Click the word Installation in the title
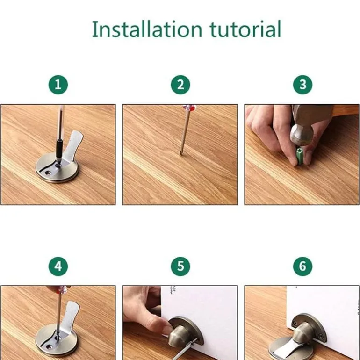(x=147, y=29)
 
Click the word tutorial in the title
(x=245, y=29)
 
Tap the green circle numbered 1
(x=58, y=85)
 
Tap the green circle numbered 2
(x=180, y=85)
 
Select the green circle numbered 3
(x=303, y=85)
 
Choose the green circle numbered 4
(x=58, y=266)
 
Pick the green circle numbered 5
(x=180, y=266)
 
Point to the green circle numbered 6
(x=303, y=266)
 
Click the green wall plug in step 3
(x=300, y=156)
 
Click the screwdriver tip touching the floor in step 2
(x=180, y=153)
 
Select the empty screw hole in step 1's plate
(x=48, y=172)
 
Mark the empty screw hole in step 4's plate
(x=49, y=346)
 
